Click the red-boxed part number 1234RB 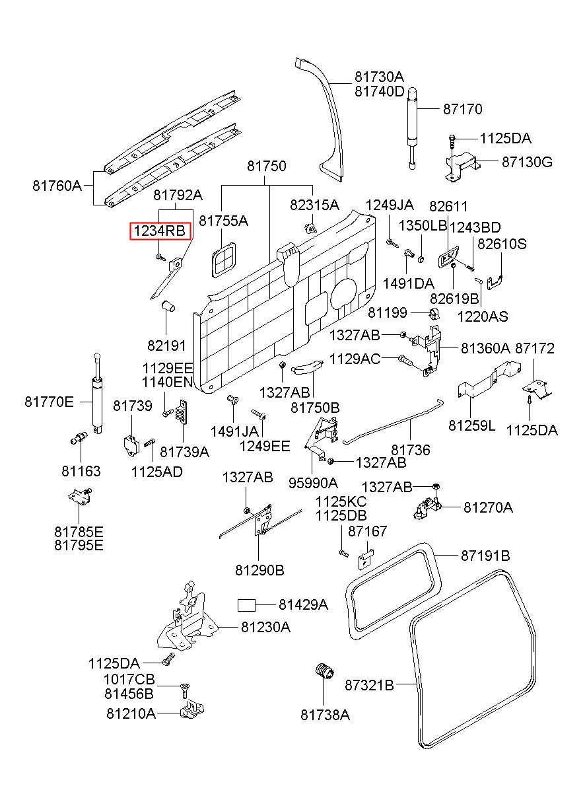pos(160,231)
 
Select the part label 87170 pos(463,109)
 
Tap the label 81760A pos(57,186)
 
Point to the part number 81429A pos(303,604)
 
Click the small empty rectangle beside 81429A pos(247,605)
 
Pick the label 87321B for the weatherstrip pos(369,685)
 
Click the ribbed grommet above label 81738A pos(325,672)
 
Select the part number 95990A pos(313,483)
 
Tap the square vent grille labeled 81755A pos(224,260)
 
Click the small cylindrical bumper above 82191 pos(168,306)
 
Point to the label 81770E pos(49,402)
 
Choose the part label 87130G pos(527,162)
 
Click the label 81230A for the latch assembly pos(266,627)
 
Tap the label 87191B pos(486,556)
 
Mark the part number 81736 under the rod pos(411,450)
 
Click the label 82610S pos(502,244)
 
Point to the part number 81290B pos(260,570)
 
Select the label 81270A pos(488,507)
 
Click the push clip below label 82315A pos(311,228)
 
